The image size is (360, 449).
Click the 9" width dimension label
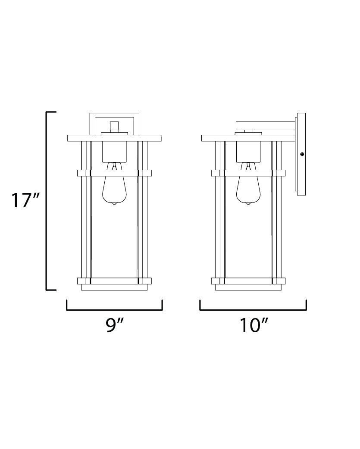coord(114,326)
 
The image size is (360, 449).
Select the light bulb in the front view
coord(114,190)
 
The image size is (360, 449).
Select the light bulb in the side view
coord(248,190)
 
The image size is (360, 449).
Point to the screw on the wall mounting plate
coord(302,154)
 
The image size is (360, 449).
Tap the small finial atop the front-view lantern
coord(114,126)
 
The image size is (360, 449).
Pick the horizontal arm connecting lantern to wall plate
coord(265,125)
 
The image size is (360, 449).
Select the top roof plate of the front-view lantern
coord(114,138)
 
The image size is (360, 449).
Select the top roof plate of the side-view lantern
coord(248,138)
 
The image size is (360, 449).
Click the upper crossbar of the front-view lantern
coord(114,173)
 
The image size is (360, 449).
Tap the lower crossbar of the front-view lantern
coord(114,281)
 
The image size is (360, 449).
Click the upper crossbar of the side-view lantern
coord(248,173)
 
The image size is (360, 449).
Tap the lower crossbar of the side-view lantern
coord(248,281)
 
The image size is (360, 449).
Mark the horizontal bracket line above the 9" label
coord(114,309)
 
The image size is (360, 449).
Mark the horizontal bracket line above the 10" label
coord(253,309)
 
